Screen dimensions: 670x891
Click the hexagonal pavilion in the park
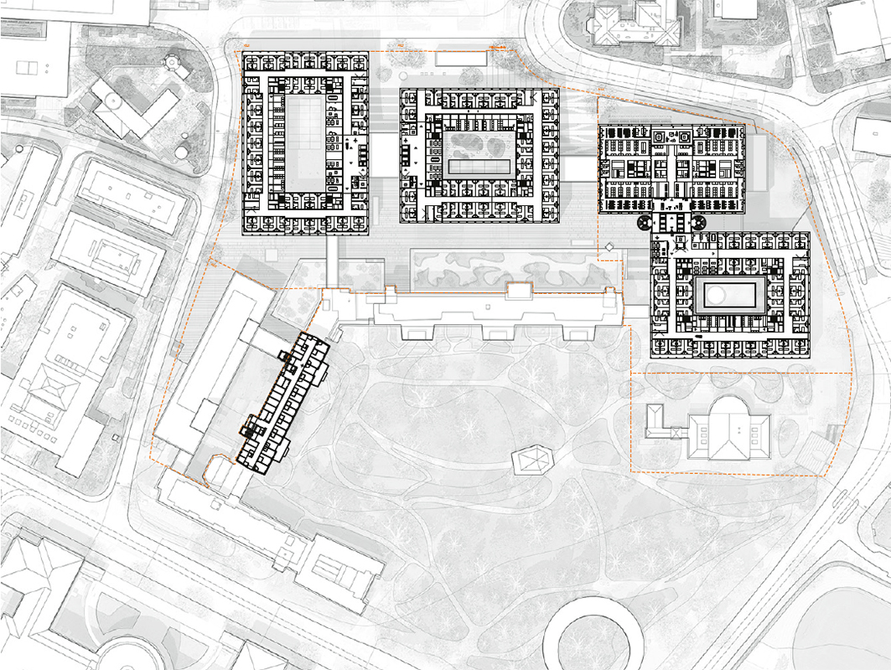pyautogui.click(x=532, y=458)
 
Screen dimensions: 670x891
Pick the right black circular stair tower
pyautogui.click(x=697, y=223)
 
